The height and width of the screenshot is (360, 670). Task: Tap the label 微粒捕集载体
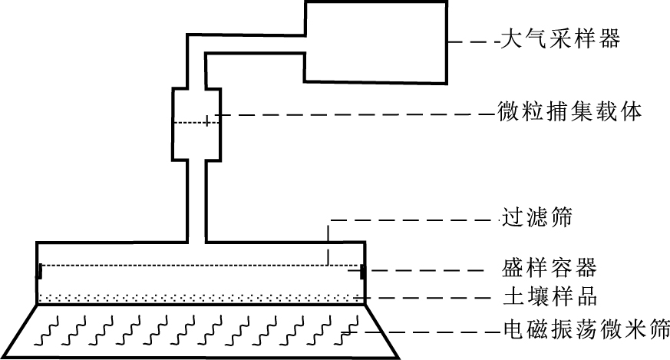click(569, 113)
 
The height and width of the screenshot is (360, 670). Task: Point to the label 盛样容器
click(544, 269)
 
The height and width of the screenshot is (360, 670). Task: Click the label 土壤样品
click(544, 296)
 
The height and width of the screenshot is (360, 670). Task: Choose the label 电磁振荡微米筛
click(586, 331)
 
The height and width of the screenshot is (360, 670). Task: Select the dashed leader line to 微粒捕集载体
click(353, 117)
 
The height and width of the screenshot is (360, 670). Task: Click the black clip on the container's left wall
click(40, 270)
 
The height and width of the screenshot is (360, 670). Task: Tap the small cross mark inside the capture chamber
click(207, 121)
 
